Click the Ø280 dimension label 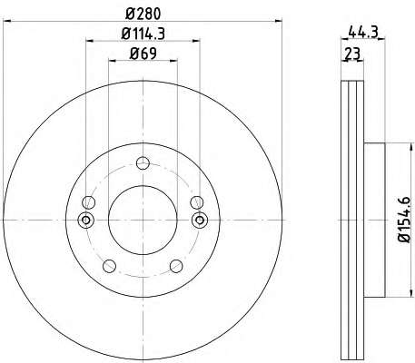click(x=143, y=14)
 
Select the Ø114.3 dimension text click(x=143, y=34)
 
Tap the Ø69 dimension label click(x=143, y=54)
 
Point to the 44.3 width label click(x=363, y=32)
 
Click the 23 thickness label click(x=353, y=54)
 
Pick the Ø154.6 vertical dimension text click(x=404, y=220)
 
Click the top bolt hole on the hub click(x=143, y=163)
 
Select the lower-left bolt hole click(x=109, y=266)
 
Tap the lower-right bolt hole click(x=176, y=266)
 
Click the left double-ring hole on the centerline click(x=86, y=220)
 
